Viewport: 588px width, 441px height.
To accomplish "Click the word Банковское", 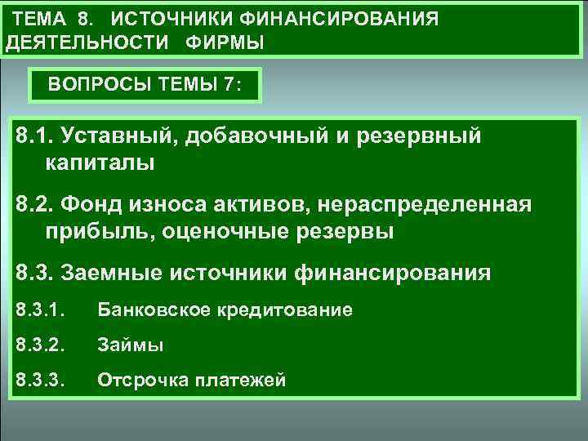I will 154,310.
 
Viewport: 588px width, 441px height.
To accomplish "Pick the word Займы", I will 131,345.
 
